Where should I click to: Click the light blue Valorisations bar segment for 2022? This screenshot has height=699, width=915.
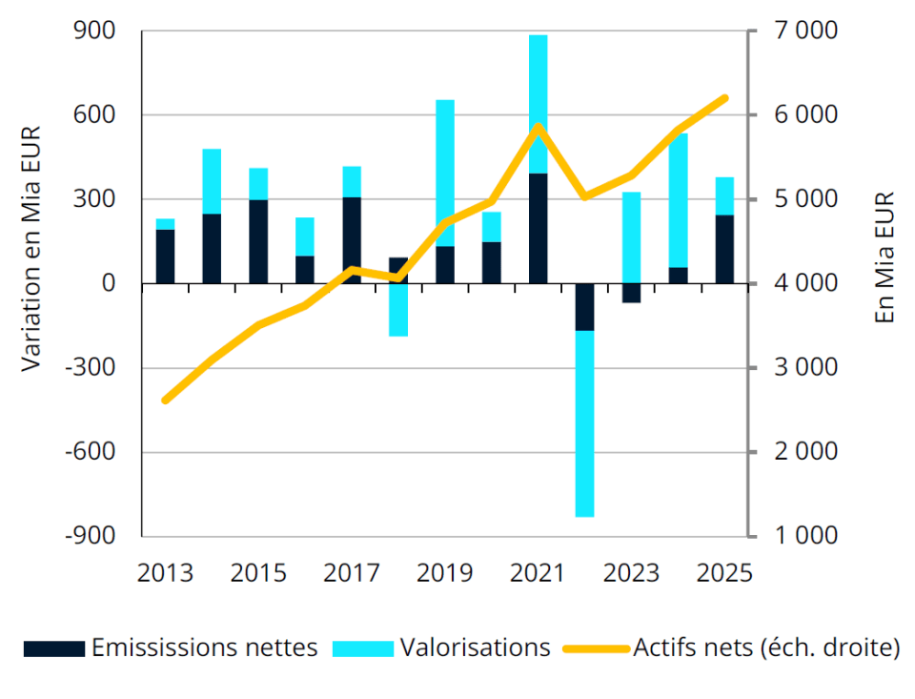pyautogui.click(x=584, y=423)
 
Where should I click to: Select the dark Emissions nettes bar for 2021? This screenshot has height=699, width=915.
pyautogui.click(x=538, y=229)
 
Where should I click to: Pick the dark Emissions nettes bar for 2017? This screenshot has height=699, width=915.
pyautogui.click(x=352, y=240)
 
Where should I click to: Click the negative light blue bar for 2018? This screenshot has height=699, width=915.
pyautogui.click(x=398, y=310)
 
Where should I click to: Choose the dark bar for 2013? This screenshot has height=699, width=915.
pyautogui.click(x=166, y=257)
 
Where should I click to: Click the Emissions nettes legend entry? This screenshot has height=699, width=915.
pyautogui.click(x=172, y=648)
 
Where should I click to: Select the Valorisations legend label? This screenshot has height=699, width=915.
pyautogui.click(x=475, y=648)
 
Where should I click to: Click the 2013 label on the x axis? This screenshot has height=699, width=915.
pyautogui.click(x=166, y=573)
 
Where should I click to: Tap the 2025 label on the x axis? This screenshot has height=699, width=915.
pyautogui.click(x=724, y=573)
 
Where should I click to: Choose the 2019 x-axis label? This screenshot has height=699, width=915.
pyautogui.click(x=445, y=573)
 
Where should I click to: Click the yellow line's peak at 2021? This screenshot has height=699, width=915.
pyautogui.click(x=539, y=126)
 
